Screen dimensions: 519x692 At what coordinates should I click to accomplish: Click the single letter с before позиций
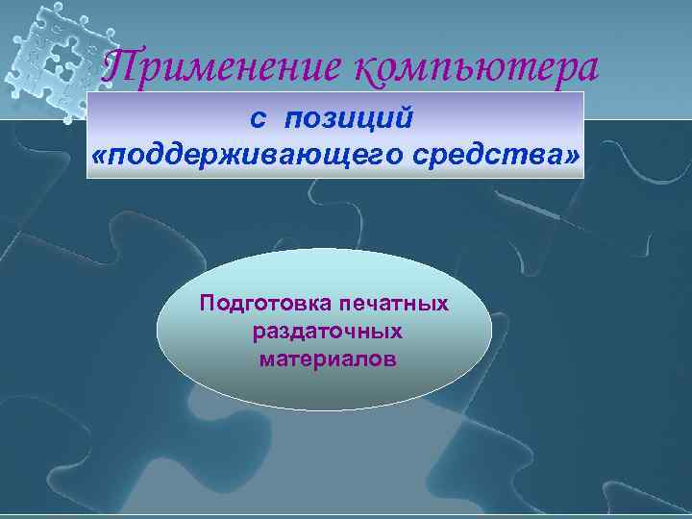click(x=258, y=117)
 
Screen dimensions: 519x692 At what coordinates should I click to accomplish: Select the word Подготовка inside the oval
click(x=256, y=305)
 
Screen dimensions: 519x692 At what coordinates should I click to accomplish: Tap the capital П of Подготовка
click(x=206, y=304)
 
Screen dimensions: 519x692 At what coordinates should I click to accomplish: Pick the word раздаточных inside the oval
click(x=326, y=332)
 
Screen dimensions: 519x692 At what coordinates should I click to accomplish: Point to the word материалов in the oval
click(x=326, y=358)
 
